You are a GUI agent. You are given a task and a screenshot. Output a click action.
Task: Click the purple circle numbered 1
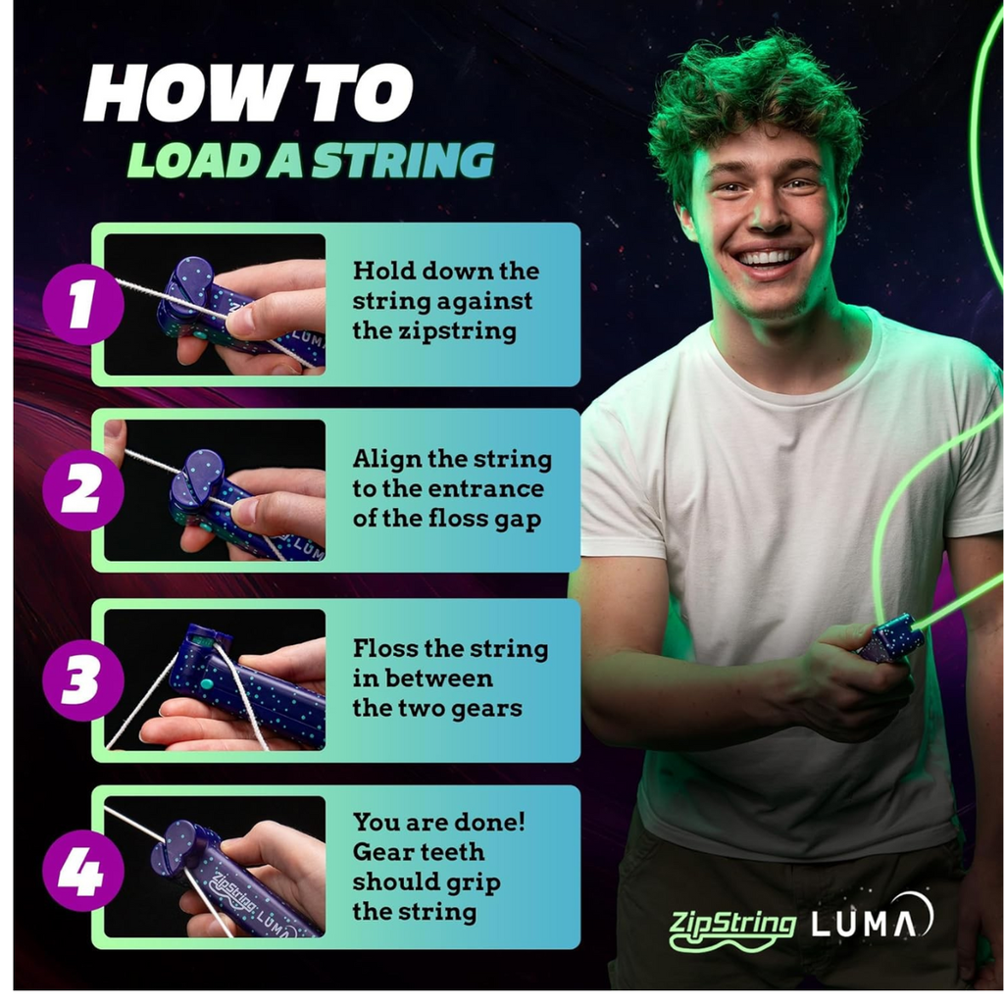pos(82,304)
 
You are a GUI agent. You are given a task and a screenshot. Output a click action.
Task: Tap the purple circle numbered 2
pos(82,490)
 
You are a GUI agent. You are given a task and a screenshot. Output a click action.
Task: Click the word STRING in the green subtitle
pos(402,160)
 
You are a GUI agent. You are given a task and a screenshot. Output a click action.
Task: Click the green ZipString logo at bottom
pos(732,924)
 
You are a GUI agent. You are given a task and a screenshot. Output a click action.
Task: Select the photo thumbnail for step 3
pos(215,679)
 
